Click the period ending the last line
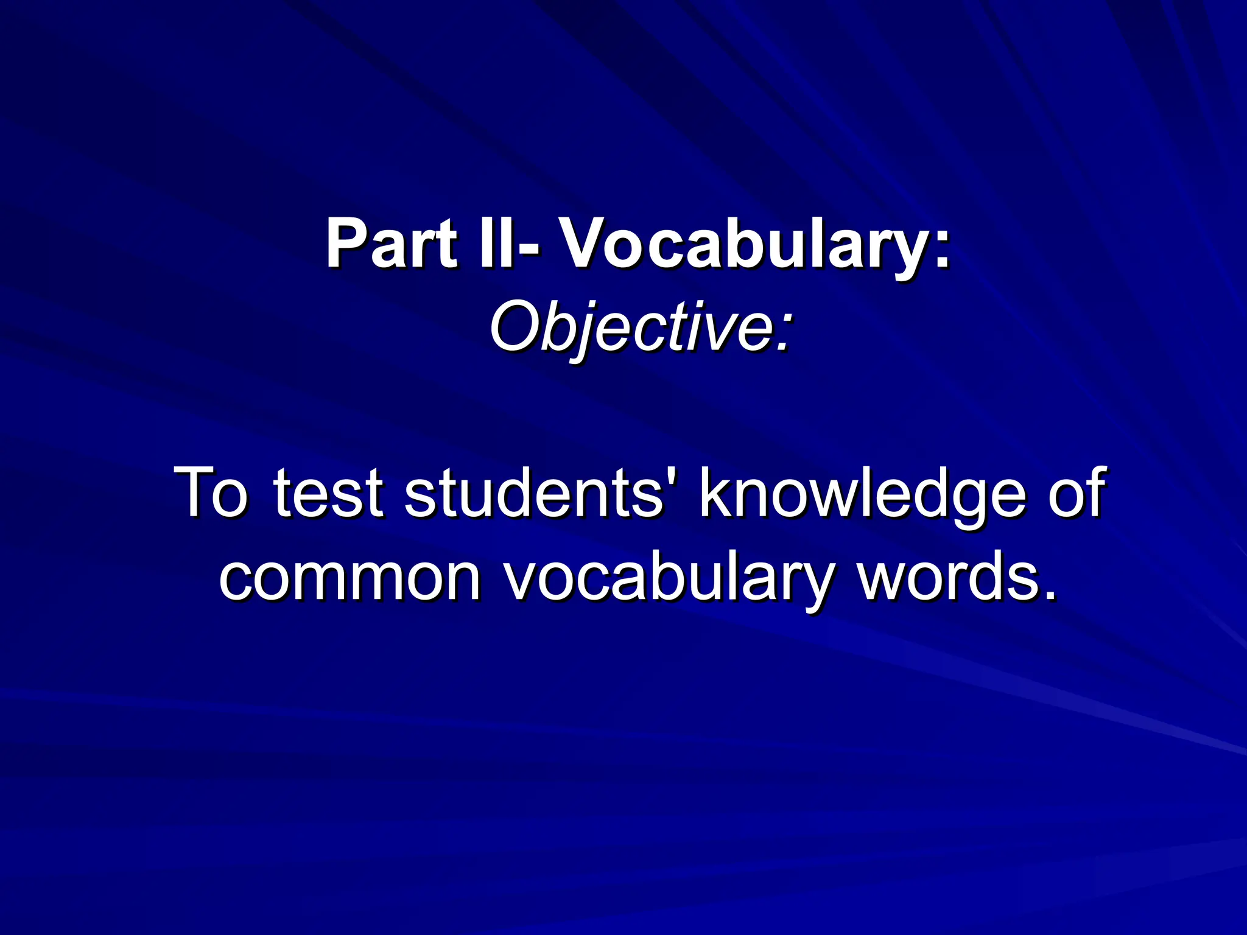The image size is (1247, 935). point(1049,594)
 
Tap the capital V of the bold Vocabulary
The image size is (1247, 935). point(585,244)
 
